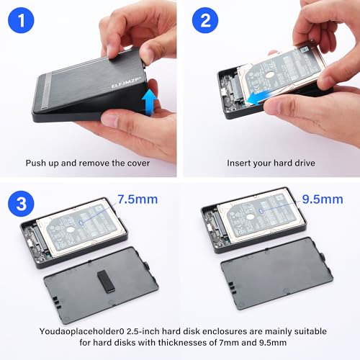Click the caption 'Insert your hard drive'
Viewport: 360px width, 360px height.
point(267,163)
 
